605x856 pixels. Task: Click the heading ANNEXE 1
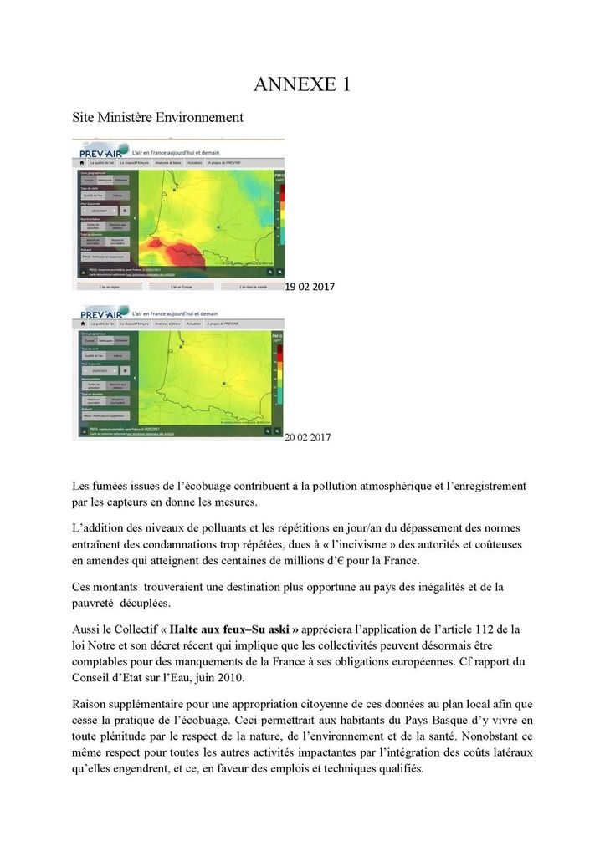point(301,84)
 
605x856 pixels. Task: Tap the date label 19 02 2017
point(310,287)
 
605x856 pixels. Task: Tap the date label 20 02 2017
point(308,437)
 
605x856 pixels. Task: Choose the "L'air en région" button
point(109,286)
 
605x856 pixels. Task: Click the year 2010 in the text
point(254,678)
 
